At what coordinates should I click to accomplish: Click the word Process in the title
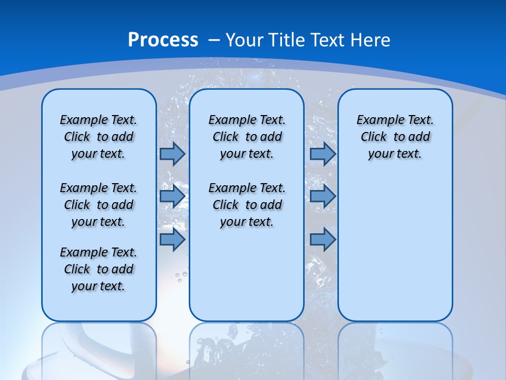point(163,40)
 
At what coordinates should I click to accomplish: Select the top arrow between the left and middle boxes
point(172,154)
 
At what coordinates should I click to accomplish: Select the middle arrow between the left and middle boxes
point(172,196)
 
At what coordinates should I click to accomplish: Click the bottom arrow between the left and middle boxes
point(172,240)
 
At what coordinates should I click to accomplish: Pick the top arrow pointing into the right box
point(323,154)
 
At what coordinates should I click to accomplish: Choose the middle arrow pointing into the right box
point(323,196)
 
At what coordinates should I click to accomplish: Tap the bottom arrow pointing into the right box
point(323,240)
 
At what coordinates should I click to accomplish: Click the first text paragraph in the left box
point(99,137)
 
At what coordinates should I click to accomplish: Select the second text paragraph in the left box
point(99,205)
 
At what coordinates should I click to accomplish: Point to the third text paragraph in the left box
point(99,269)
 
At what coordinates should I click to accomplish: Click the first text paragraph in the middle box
point(247,137)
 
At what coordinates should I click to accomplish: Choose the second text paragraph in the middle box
point(247,205)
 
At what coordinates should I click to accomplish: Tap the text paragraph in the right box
point(395,137)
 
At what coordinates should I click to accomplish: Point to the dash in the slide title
point(214,40)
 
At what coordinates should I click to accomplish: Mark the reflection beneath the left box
point(99,348)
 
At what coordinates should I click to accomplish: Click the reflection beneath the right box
point(395,348)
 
